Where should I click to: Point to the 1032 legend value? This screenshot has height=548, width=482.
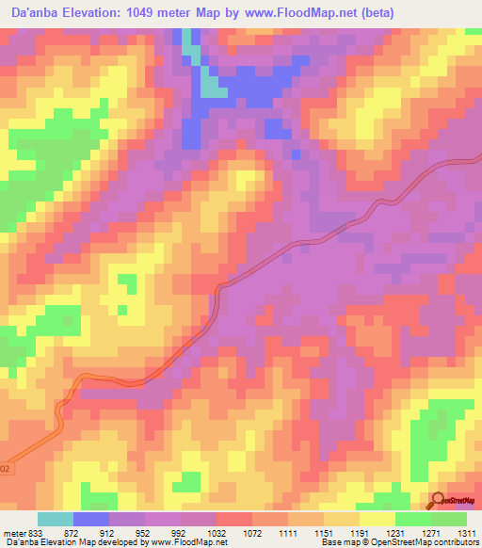(x=217, y=533)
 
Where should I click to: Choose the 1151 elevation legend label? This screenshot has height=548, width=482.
(x=327, y=533)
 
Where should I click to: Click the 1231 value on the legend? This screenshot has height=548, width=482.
(x=398, y=533)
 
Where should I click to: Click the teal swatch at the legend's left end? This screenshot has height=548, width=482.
(x=55, y=519)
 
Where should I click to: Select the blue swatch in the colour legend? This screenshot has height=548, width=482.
(x=90, y=519)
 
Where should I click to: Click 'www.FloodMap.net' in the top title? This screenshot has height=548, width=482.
(x=303, y=13)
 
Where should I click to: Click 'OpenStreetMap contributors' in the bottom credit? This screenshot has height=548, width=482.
(x=427, y=543)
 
